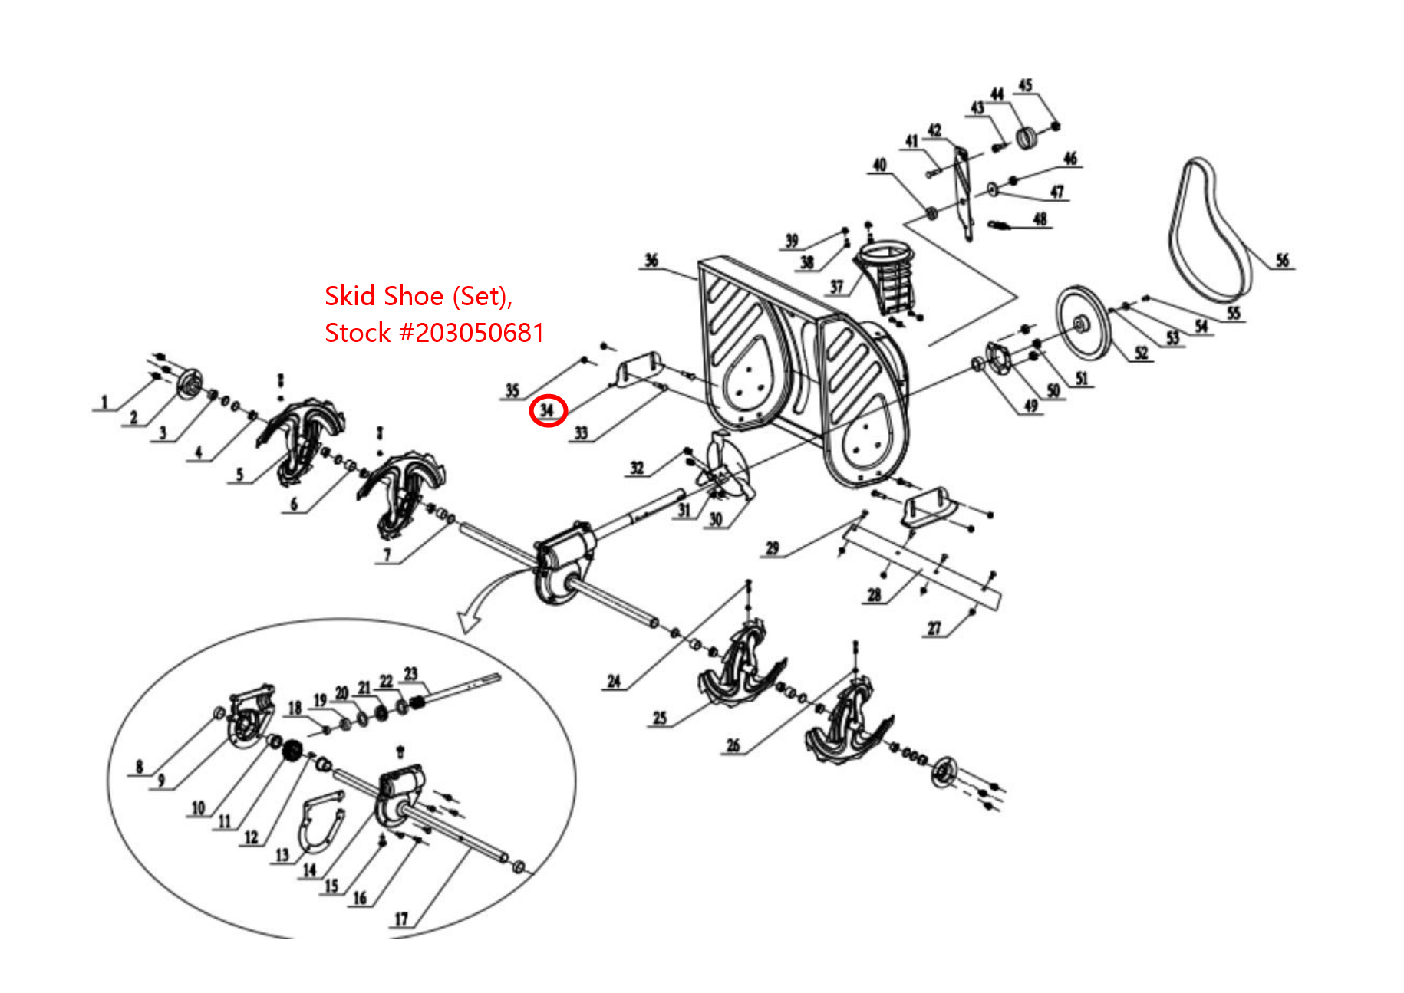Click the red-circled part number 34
[547, 411]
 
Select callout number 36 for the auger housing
[651, 260]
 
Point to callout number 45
[1025, 85]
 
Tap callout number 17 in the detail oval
[400, 918]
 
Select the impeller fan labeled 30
[725, 468]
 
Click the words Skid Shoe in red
[384, 296]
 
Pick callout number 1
[105, 402]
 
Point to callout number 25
[660, 718]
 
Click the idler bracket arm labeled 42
[963, 192]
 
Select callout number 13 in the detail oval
[282, 854]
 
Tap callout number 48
[1040, 219]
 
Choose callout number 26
[733, 745]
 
